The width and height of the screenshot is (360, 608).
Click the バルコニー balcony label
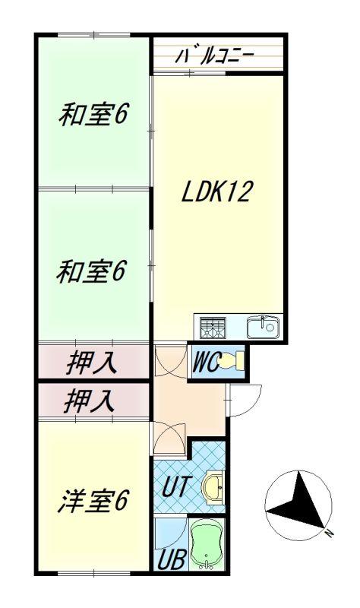pyautogui.click(x=214, y=56)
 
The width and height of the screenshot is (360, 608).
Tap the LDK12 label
pyautogui.click(x=217, y=192)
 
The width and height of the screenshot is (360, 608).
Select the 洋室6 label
pyautogui.click(x=93, y=501)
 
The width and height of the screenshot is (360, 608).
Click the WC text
pyautogui.click(x=207, y=362)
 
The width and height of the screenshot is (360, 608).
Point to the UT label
pyautogui.click(x=177, y=486)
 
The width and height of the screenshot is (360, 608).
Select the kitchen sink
pyautogui.click(x=263, y=328)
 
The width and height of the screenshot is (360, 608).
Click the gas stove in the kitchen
pyautogui.click(x=213, y=328)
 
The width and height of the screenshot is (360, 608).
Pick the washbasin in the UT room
pyautogui.click(x=213, y=488)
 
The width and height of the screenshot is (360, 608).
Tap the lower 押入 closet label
pyautogui.click(x=90, y=401)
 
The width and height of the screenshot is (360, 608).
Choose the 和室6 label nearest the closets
pyautogui.click(x=91, y=271)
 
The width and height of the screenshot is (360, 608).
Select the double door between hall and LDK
pyautogui.click(x=170, y=360)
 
